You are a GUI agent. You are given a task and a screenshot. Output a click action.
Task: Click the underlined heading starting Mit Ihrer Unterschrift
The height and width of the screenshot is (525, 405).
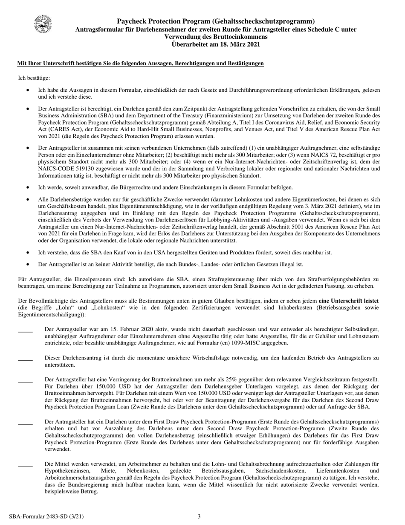point(140,64)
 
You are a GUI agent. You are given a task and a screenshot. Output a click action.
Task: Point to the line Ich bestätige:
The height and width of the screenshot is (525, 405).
point(34,78)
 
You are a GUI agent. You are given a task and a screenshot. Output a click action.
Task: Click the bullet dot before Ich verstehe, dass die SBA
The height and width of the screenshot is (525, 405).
point(28,253)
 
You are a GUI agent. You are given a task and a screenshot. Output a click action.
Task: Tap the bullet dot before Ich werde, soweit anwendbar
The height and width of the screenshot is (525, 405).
point(28,187)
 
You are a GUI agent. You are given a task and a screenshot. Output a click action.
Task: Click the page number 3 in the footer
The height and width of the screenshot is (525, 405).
point(199,517)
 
